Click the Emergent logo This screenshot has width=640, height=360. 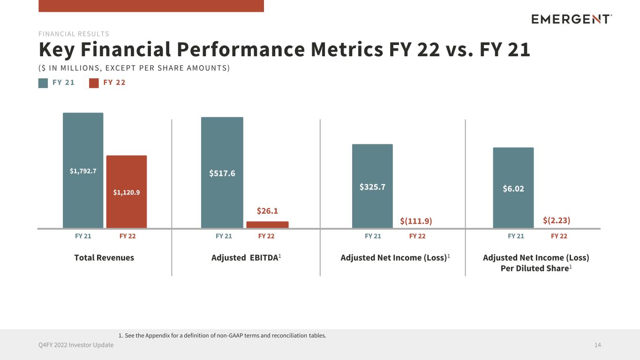point(572,19)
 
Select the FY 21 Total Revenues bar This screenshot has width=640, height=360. point(83,170)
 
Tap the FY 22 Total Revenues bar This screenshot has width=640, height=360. point(127,191)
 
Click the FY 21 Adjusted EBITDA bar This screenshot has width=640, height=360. point(222,172)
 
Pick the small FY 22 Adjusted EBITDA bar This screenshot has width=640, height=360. point(267,225)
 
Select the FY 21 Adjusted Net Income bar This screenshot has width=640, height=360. point(372,186)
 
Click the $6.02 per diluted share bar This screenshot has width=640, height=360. point(513,187)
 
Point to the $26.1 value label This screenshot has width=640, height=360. point(267,211)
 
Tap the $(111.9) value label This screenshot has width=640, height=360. point(416,221)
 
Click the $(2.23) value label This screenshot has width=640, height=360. point(557,220)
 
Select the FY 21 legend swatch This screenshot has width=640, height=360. point(43,83)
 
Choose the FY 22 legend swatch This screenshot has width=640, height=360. point(94,83)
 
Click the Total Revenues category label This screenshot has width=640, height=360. point(104,258)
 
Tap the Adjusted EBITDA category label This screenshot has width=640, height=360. point(246,258)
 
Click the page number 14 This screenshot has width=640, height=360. point(597,345)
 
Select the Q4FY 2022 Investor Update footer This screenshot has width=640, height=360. point(76,345)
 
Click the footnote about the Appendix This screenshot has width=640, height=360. point(222,336)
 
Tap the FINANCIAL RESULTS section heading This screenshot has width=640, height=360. point(74,34)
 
